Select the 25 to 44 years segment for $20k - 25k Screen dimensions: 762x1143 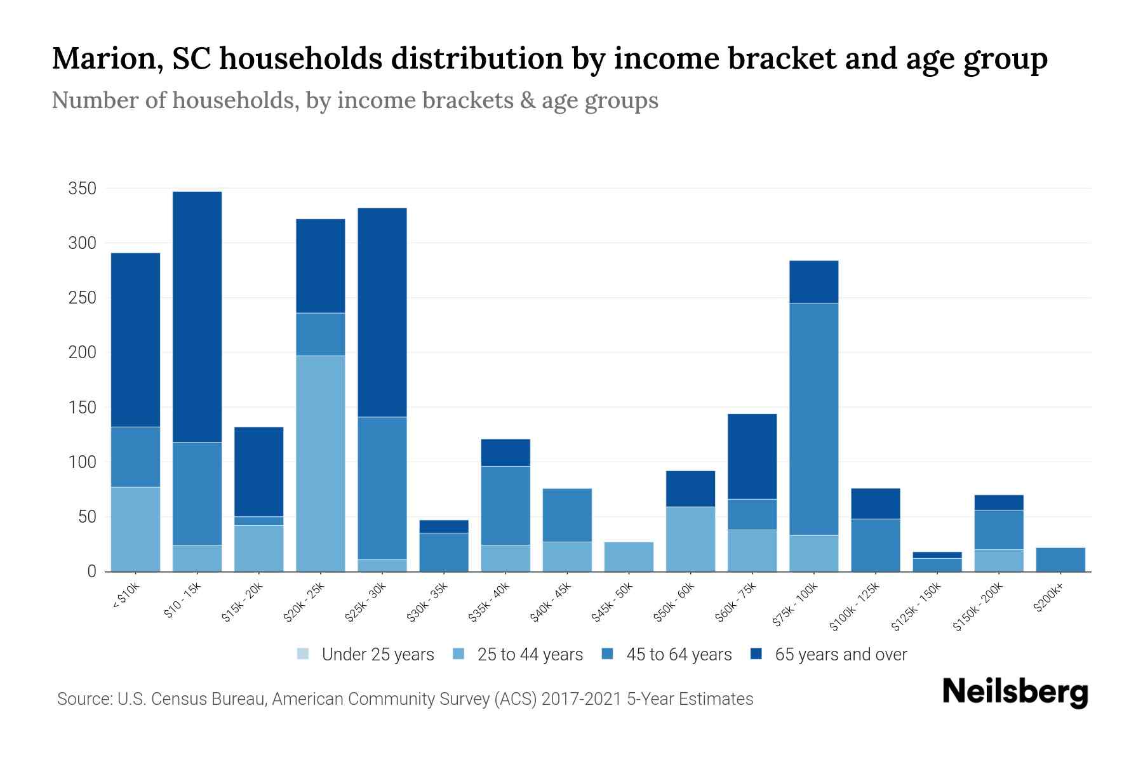tap(321, 464)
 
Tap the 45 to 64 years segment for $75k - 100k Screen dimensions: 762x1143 tap(813, 419)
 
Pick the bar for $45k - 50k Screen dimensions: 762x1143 tap(629, 557)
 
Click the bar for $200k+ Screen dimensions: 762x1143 tap(1060, 559)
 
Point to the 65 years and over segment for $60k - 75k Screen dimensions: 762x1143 tap(752, 456)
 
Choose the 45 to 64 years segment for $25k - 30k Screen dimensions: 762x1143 tap(382, 488)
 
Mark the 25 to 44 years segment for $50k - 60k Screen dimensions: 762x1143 tap(690, 539)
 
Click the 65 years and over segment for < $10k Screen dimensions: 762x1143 tap(135, 340)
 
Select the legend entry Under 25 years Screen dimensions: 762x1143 tap(378, 655)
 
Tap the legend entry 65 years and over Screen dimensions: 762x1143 tap(841, 655)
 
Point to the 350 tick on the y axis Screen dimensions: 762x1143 tap(83, 189)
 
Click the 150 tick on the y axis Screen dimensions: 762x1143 tap(83, 407)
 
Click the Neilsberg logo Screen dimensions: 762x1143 tap(1015, 693)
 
